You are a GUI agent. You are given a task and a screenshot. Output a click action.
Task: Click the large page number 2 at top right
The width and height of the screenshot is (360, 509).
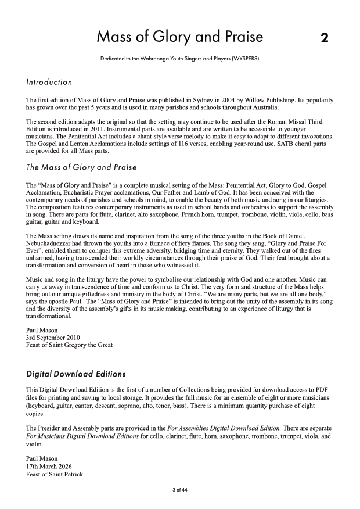coord(325,38)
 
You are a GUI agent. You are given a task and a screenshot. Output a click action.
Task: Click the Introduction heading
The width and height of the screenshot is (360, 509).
coord(49,83)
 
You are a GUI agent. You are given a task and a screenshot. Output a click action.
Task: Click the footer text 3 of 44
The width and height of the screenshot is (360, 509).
coord(179,490)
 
